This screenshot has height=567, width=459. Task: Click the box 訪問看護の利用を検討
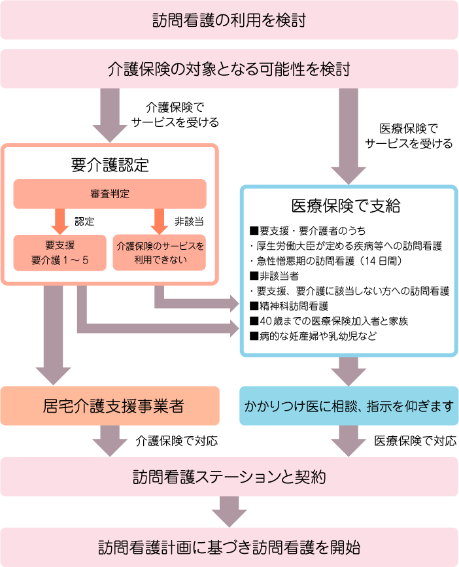click(x=229, y=20)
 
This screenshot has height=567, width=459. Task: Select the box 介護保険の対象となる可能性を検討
click(x=229, y=68)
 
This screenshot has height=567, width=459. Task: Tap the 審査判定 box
click(x=110, y=194)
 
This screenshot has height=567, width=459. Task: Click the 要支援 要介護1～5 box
click(x=59, y=252)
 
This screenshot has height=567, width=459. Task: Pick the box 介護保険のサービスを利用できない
click(x=160, y=252)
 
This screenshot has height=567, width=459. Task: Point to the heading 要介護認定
click(x=110, y=165)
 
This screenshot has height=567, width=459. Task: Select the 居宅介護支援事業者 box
click(x=110, y=405)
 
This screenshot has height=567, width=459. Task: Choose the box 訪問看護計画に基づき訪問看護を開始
click(x=229, y=547)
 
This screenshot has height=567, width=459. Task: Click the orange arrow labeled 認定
click(x=59, y=222)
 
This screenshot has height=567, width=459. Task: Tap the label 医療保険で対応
click(x=415, y=441)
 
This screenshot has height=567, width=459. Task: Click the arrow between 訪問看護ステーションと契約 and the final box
click(x=229, y=511)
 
